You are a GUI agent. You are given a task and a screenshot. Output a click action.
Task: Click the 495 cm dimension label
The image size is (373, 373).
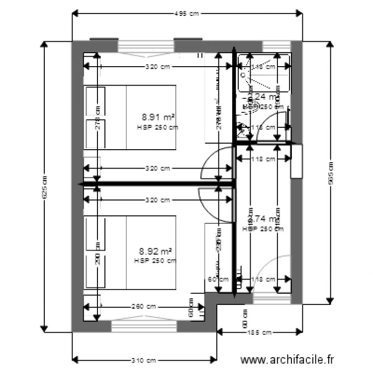[x=186, y=14]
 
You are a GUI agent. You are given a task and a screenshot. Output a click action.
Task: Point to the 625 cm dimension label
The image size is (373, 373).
[x=44, y=186]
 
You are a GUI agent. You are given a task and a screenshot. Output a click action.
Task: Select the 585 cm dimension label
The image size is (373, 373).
[x=330, y=172]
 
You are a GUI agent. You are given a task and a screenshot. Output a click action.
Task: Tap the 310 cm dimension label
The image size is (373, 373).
[x=144, y=360]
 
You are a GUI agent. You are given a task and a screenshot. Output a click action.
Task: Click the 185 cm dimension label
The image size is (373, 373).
[x=259, y=332]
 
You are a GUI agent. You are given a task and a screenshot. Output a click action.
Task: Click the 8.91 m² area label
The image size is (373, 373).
[x=158, y=117]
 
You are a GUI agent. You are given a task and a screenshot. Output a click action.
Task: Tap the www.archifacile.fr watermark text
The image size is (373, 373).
[x=287, y=359]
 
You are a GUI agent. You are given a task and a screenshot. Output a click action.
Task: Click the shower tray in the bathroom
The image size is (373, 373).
[x=264, y=74]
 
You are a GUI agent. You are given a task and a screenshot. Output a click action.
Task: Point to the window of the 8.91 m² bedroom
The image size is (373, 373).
[x=146, y=46]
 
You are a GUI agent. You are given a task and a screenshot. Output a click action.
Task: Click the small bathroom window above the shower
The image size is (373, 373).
[x=277, y=46]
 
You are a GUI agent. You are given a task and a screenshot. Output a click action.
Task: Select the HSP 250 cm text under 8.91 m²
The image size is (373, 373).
[x=157, y=127]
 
